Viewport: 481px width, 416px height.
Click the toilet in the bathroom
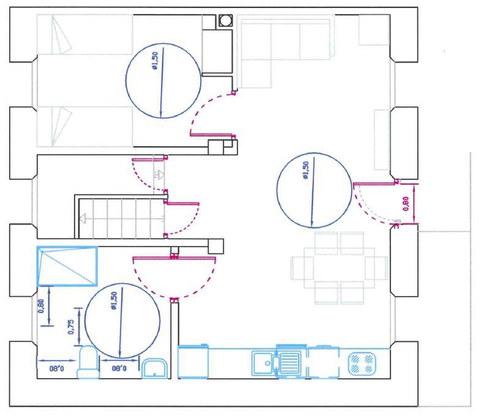pos(88,362)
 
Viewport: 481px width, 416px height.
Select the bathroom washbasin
pos(155,368)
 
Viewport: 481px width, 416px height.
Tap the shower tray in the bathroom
pos(67,266)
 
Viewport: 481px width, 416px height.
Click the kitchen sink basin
pos(263,363)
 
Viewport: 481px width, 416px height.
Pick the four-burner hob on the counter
pos(362,363)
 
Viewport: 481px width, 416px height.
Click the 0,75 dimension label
pos(71,327)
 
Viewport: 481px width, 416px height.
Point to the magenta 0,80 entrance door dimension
pos(406,204)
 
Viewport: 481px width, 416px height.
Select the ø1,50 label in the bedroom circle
pos(155,61)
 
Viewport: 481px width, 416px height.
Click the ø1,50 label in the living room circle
pos(306,170)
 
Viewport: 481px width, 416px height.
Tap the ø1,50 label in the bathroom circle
pos(114,300)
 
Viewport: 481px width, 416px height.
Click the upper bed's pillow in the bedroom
pos(61,35)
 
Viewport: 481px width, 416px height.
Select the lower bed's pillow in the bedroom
pos(61,126)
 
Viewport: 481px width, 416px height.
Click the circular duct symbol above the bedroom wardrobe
pos(225,21)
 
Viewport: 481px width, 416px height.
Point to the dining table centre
pos(339,267)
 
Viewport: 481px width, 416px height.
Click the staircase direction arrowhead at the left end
pos(82,219)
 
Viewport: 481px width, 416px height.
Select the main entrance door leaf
pos(375,184)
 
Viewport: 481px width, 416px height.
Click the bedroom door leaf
pos(212,135)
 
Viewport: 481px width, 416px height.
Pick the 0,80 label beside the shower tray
pos(42,306)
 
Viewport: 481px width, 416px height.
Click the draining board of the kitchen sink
pos(289,363)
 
